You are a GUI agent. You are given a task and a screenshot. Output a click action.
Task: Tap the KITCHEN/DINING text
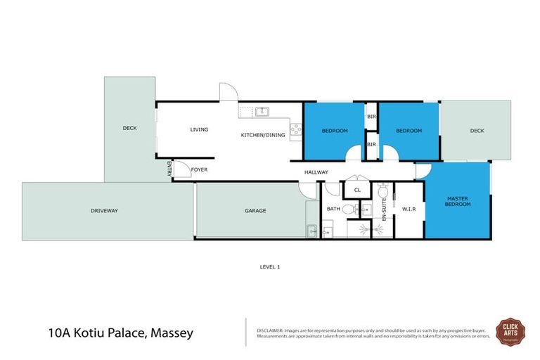tap(263, 135)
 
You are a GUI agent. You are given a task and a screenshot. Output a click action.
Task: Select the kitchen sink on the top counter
tap(262, 110)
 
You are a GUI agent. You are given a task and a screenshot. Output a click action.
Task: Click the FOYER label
tap(199, 169)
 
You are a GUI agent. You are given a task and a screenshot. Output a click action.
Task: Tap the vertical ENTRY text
tap(169, 169)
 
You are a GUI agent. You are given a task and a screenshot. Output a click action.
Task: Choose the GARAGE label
tap(255, 210)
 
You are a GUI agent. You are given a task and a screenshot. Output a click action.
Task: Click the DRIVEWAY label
tap(104, 210)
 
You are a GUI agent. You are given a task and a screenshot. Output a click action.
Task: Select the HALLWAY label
tap(316, 172)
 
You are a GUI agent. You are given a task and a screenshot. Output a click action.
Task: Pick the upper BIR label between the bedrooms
tap(371, 117)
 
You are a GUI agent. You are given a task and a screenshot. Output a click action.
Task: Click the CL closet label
tap(357, 190)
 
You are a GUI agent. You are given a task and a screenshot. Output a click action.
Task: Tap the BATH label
tap(333, 209)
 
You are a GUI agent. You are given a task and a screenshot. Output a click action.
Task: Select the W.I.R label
tap(408, 209)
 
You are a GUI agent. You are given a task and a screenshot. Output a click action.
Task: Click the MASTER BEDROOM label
tap(457, 201)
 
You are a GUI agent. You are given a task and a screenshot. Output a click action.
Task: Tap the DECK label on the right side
tap(477, 130)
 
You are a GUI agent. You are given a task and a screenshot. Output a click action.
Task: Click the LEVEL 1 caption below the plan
tap(270, 266)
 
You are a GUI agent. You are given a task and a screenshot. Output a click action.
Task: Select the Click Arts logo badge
tap(510, 330)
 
